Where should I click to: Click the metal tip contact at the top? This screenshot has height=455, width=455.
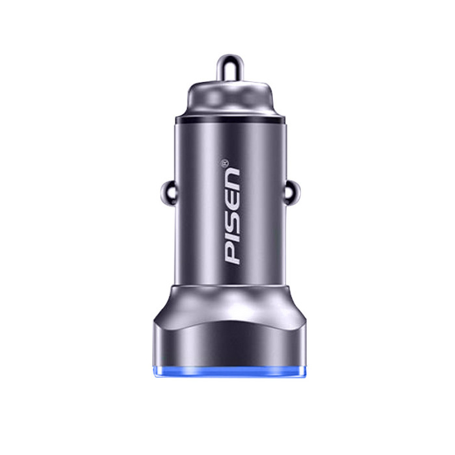tap(230, 68)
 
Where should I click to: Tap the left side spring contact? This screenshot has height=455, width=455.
tap(168, 192)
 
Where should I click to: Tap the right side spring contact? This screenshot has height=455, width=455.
tap(292, 192)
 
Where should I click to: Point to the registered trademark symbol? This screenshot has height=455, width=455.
tap(225, 162)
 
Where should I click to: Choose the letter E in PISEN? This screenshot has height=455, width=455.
tap(233, 201)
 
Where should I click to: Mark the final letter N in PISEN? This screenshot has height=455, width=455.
tap(232, 179)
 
